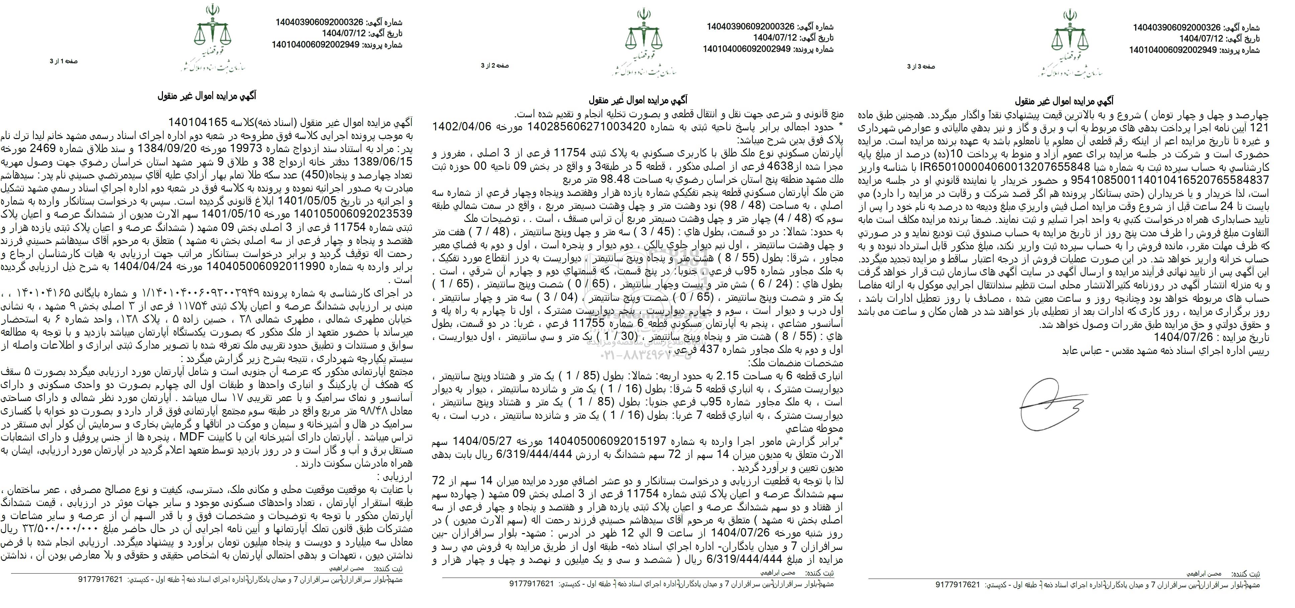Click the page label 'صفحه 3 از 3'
pyautogui.click(x=920, y=66)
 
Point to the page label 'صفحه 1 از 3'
pyautogui.click(x=64, y=61)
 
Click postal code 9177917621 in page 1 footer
pyautogui.click(x=101, y=593)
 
